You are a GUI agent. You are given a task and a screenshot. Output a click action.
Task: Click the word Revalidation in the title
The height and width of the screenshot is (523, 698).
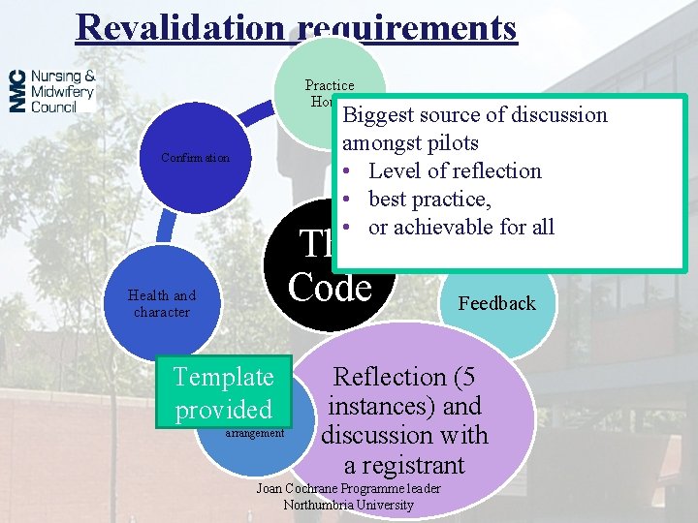pyautogui.click(x=179, y=27)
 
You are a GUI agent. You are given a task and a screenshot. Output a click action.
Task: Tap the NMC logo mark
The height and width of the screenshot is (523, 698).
pyautogui.click(x=17, y=91)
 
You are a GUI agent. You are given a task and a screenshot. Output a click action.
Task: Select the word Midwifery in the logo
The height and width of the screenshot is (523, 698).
pyautogui.click(x=62, y=91)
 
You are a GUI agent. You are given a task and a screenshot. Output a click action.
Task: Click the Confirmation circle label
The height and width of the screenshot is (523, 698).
pyautogui.click(x=196, y=158)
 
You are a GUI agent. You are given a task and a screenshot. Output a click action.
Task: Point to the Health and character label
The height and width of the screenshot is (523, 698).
pyautogui.click(x=162, y=304)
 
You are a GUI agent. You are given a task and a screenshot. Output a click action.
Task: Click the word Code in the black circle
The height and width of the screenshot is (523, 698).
pyautogui.click(x=331, y=288)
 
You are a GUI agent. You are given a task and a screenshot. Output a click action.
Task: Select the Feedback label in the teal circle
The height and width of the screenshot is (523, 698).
pyautogui.click(x=497, y=304)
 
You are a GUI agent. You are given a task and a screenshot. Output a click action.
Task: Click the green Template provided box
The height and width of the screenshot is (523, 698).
pyautogui.click(x=223, y=393)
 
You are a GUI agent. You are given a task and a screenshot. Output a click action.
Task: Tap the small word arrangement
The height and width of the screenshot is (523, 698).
pyautogui.click(x=254, y=433)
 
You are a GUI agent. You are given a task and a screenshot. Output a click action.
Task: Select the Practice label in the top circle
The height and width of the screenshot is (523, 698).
pyautogui.click(x=330, y=86)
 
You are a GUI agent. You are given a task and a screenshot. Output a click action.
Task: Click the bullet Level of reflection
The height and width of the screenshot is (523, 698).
pyautogui.click(x=455, y=171)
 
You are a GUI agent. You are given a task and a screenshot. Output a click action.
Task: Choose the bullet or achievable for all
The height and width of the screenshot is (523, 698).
pyautogui.click(x=461, y=228)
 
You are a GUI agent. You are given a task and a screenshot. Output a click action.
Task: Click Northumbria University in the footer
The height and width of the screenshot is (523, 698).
pyautogui.click(x=348, y=505)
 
